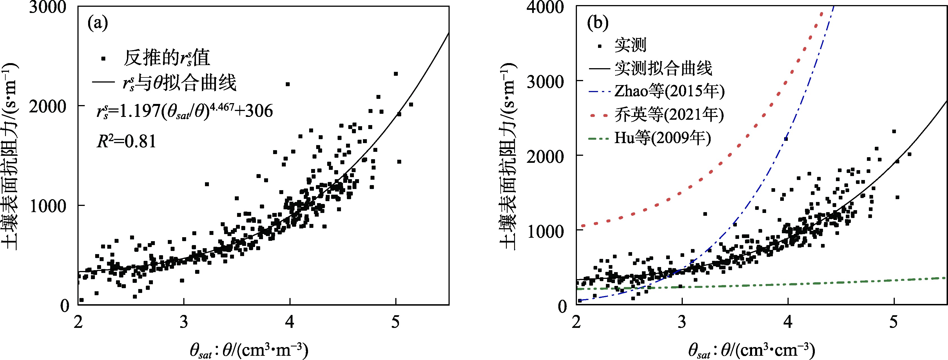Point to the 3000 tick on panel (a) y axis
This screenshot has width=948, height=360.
48,7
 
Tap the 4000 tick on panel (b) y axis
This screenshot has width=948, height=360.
545,7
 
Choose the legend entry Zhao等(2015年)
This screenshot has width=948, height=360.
669,91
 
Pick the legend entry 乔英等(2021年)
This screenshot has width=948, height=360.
669,115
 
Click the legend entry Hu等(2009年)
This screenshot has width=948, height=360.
663,138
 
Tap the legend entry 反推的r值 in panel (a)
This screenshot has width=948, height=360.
166,58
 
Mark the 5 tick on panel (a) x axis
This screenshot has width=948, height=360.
395,322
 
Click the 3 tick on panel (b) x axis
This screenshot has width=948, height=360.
682,322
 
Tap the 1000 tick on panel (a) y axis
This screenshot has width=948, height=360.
48,206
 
